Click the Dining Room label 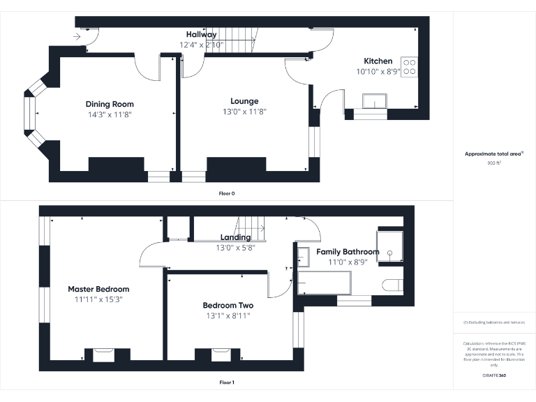pyautogui.click(x=109, y=104)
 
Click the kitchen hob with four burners pyautogui.click(x=409, y=66)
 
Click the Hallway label pyautogui.click(x=201, y=34)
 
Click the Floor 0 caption pyautogui.click(x=226, y=193)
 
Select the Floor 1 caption pyautogui.click(x=226, y=382)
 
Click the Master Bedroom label pyautogui.click(x=98, y=289)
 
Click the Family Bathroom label pyautogui.click(x=348, y=251)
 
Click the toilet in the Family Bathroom pyautogui.click(x=393, y=284)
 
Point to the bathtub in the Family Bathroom pyautogui.click(x=325, y=283)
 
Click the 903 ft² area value pyautogui.click(x=494, y=163)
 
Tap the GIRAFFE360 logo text pyautogui.click(x=494, y=375)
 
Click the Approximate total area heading pyautogui.click(x=493, y=154)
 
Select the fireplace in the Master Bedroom pyautogui.click(x=103, y=355)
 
